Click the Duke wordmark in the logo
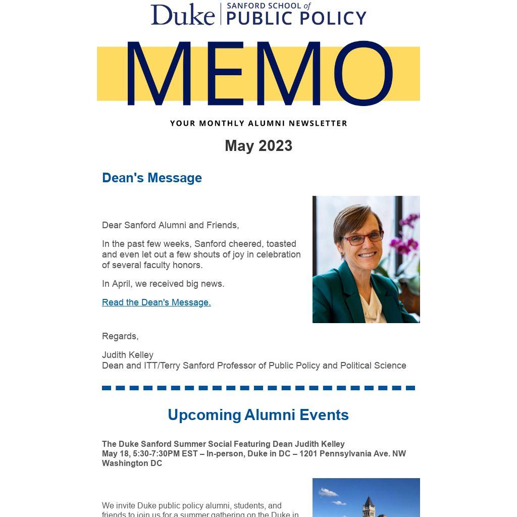click(182, 14)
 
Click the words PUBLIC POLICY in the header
click(296, 18)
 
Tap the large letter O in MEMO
click(363, 74)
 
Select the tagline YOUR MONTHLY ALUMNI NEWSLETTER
click(258, 123)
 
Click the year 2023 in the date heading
click(275, 146)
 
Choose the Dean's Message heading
click(152, 178)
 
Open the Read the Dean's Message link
click(157, 302)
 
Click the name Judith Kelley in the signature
click(128, 355)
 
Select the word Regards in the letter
click(120, 336)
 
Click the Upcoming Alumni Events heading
click(258, 415)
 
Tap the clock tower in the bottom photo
click(369, 505)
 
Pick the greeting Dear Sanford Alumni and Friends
click(171, 225)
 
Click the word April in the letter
click(121, 284)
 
